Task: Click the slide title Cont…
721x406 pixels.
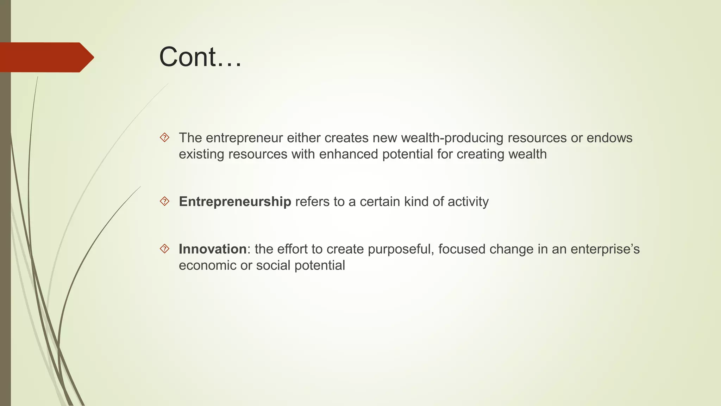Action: (x=200, y=57)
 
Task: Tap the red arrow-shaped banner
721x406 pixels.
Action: (x=46, y=57)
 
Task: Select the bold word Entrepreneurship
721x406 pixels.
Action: (x=235, y=202)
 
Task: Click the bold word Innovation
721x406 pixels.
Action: (x=213, y=249)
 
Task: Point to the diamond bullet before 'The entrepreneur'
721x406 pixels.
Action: (x=164, y=137)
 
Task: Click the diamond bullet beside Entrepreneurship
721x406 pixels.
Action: (x=164, y=202)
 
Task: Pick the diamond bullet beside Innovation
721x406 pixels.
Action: (x=164, y=249)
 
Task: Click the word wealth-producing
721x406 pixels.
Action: (x=452, y=138)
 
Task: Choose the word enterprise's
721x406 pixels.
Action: (x=605, y=250)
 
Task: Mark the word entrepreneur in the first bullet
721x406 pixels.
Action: (x=244, y=138)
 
